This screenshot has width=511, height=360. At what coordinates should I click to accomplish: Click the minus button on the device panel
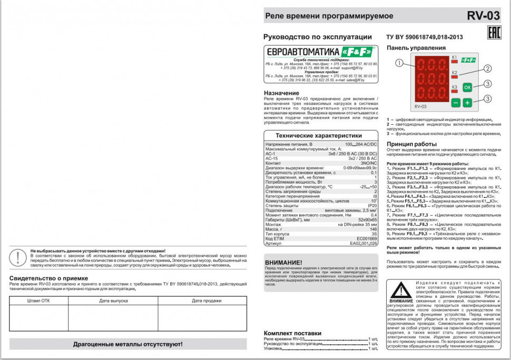(456, 103)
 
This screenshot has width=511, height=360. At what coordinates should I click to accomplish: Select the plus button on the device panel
(467, 103)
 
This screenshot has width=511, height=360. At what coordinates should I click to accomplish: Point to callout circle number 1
(399, 63)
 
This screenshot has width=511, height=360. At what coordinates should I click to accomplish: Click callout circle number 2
(488, 68)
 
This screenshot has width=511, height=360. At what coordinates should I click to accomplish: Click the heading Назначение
(281, 93)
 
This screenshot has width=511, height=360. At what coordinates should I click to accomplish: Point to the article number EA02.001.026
(363, 244)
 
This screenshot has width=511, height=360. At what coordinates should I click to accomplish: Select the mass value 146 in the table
(374, 229)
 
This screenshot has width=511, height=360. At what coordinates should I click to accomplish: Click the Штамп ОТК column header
(38, 301)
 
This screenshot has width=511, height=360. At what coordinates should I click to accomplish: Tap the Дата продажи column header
(207, 301)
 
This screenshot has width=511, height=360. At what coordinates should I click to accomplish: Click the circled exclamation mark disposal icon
(19, 257)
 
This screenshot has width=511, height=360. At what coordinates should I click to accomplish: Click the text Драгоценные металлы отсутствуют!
(128, 344)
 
